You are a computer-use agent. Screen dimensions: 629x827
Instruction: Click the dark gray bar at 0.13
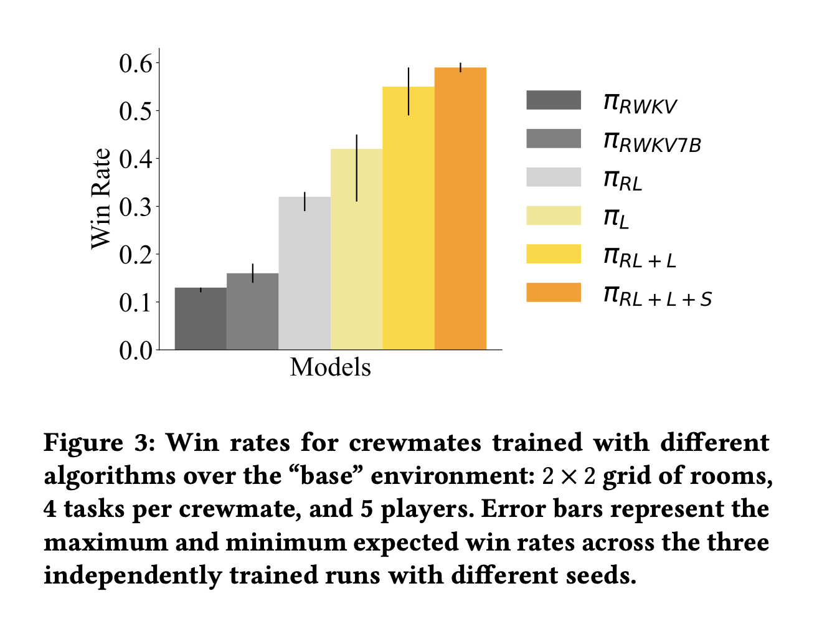[201, 319]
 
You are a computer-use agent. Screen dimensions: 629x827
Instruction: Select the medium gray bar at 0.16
[252, 311]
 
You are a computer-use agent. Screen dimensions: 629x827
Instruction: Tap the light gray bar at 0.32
[305, 273]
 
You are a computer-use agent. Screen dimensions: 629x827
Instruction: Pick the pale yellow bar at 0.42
[356, 249]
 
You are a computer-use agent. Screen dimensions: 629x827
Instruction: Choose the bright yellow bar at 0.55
[409, 218]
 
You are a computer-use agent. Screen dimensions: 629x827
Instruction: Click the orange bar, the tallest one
[460, 209]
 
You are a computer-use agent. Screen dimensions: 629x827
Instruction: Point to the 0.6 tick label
[136, 63]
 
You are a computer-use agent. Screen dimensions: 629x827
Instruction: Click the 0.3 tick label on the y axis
[136, 207]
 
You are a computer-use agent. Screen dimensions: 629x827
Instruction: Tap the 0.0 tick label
[136, 351]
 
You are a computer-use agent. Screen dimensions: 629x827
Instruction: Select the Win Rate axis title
[101, 199]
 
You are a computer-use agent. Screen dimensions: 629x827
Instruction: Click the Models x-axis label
[330, 367]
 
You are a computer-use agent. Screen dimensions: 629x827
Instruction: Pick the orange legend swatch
[553, 293]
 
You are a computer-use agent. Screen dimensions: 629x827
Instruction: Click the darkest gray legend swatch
[553, 100]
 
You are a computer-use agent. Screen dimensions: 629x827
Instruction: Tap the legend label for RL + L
[640, 257]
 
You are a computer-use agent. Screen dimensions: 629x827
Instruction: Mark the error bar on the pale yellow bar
[356, 168]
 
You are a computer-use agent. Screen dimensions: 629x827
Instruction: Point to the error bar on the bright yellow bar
[409, 92]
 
